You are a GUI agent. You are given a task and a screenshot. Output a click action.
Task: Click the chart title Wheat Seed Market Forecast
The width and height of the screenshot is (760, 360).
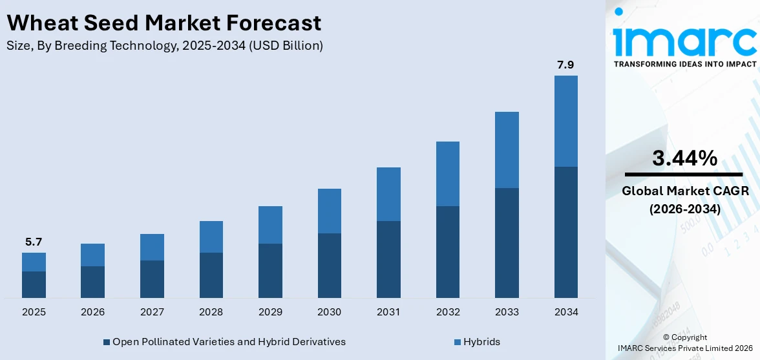tap(164, 23)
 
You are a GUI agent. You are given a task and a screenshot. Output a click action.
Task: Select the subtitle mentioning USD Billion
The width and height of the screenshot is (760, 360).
tap(165, 45)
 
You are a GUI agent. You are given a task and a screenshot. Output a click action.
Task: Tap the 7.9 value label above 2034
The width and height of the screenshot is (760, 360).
tap(565, 65)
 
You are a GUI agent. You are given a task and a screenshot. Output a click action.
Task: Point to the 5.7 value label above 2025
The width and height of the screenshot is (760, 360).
tap(34, 242)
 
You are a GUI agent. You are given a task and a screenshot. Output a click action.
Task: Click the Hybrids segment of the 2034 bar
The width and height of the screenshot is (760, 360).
tap(565, 121)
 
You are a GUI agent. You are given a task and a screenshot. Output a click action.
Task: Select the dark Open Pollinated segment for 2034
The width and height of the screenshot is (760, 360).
tap(565, 232)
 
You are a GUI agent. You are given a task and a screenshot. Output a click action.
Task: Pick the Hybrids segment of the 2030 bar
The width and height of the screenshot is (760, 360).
tap(329, 211)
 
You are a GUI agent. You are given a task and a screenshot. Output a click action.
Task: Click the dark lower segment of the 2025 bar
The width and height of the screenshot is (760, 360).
tap(34, 284)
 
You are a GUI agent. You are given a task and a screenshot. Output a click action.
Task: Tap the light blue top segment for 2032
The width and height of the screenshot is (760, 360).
tap(447, 174)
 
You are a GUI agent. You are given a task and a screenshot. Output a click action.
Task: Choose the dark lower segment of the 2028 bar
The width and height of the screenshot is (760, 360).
tap(211, 275)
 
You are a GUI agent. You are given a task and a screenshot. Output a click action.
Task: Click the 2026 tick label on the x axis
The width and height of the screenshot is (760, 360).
tap(92, 312)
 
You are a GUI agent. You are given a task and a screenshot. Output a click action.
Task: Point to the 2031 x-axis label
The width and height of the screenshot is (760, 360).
tap(388, 312)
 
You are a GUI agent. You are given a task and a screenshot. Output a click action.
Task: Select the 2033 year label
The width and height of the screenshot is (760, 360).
tap(507, 312)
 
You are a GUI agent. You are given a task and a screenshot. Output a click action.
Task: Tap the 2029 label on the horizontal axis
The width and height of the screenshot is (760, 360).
tap(270, 312)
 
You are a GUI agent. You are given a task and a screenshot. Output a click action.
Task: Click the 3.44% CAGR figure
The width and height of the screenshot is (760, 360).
tap(684, 158)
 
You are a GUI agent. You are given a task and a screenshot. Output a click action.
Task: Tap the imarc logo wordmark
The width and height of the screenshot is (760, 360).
tap(684, 40)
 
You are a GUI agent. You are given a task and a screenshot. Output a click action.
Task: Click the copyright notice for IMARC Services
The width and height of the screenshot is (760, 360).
tap(685, 343)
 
